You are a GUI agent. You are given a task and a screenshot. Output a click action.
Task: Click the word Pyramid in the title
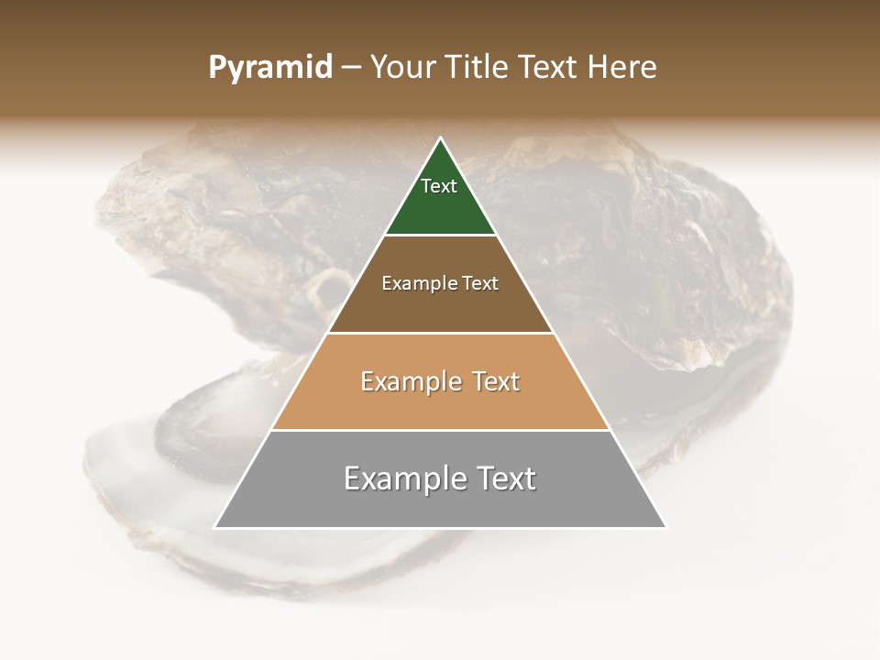(270, 68)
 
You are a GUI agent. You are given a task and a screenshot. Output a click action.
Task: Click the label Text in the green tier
(439, 186)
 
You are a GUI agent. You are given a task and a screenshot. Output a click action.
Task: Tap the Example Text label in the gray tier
(440, 478)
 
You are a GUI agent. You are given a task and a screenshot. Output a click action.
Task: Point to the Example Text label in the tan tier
(440, 381)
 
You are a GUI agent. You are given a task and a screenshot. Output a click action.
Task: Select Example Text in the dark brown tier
(440, 283)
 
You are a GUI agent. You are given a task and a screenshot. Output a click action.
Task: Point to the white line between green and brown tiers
(440, 235)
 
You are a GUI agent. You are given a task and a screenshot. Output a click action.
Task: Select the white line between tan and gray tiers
(440, 430)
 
